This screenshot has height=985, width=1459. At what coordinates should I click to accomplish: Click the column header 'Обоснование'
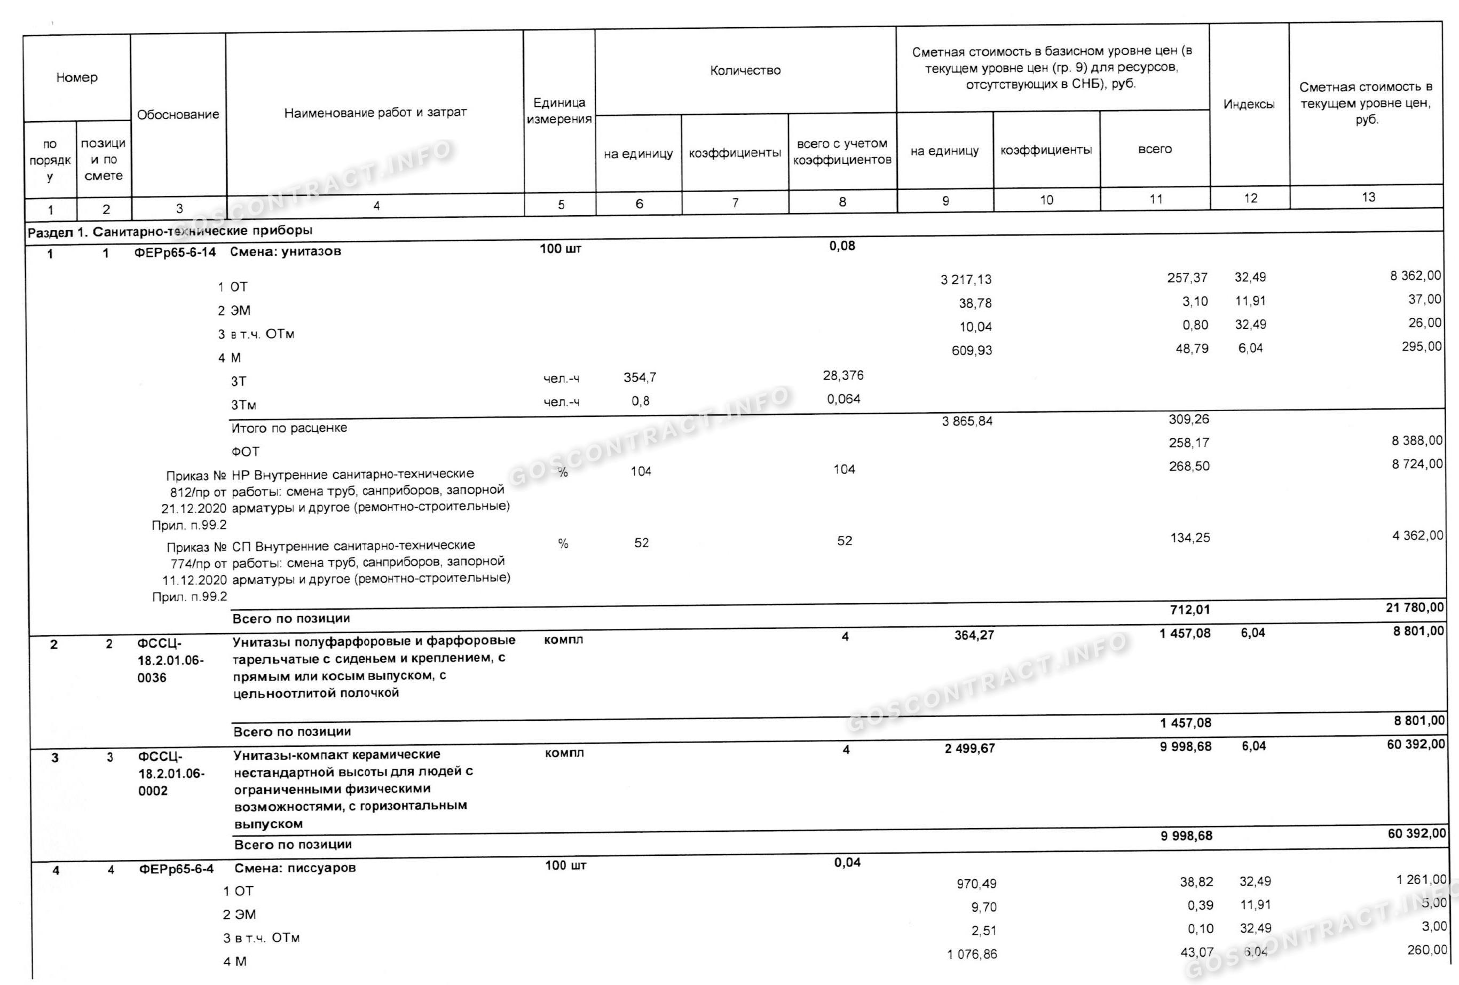(178, 115)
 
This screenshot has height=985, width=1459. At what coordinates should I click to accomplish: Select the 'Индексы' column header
(1249, 104)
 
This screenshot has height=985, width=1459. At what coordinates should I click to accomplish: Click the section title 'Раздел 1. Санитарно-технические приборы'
(170, 231)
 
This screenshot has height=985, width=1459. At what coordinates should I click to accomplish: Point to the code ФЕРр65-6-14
(175, 253)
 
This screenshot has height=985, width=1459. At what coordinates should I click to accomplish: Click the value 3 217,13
(966, 279)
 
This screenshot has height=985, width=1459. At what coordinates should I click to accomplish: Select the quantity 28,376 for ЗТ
(843, 375)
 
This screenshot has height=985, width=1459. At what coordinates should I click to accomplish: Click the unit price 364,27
(974, 635)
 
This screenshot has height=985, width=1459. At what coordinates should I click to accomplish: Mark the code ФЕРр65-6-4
(176, 869)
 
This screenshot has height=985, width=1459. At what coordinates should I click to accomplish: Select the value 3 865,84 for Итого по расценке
(967, 421)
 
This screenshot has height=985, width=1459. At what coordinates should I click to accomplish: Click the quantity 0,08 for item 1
(842, 246)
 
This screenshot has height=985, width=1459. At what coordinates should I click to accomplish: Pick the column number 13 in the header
(1368, 197)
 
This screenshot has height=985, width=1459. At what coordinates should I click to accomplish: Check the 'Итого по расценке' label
(289, 428)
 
